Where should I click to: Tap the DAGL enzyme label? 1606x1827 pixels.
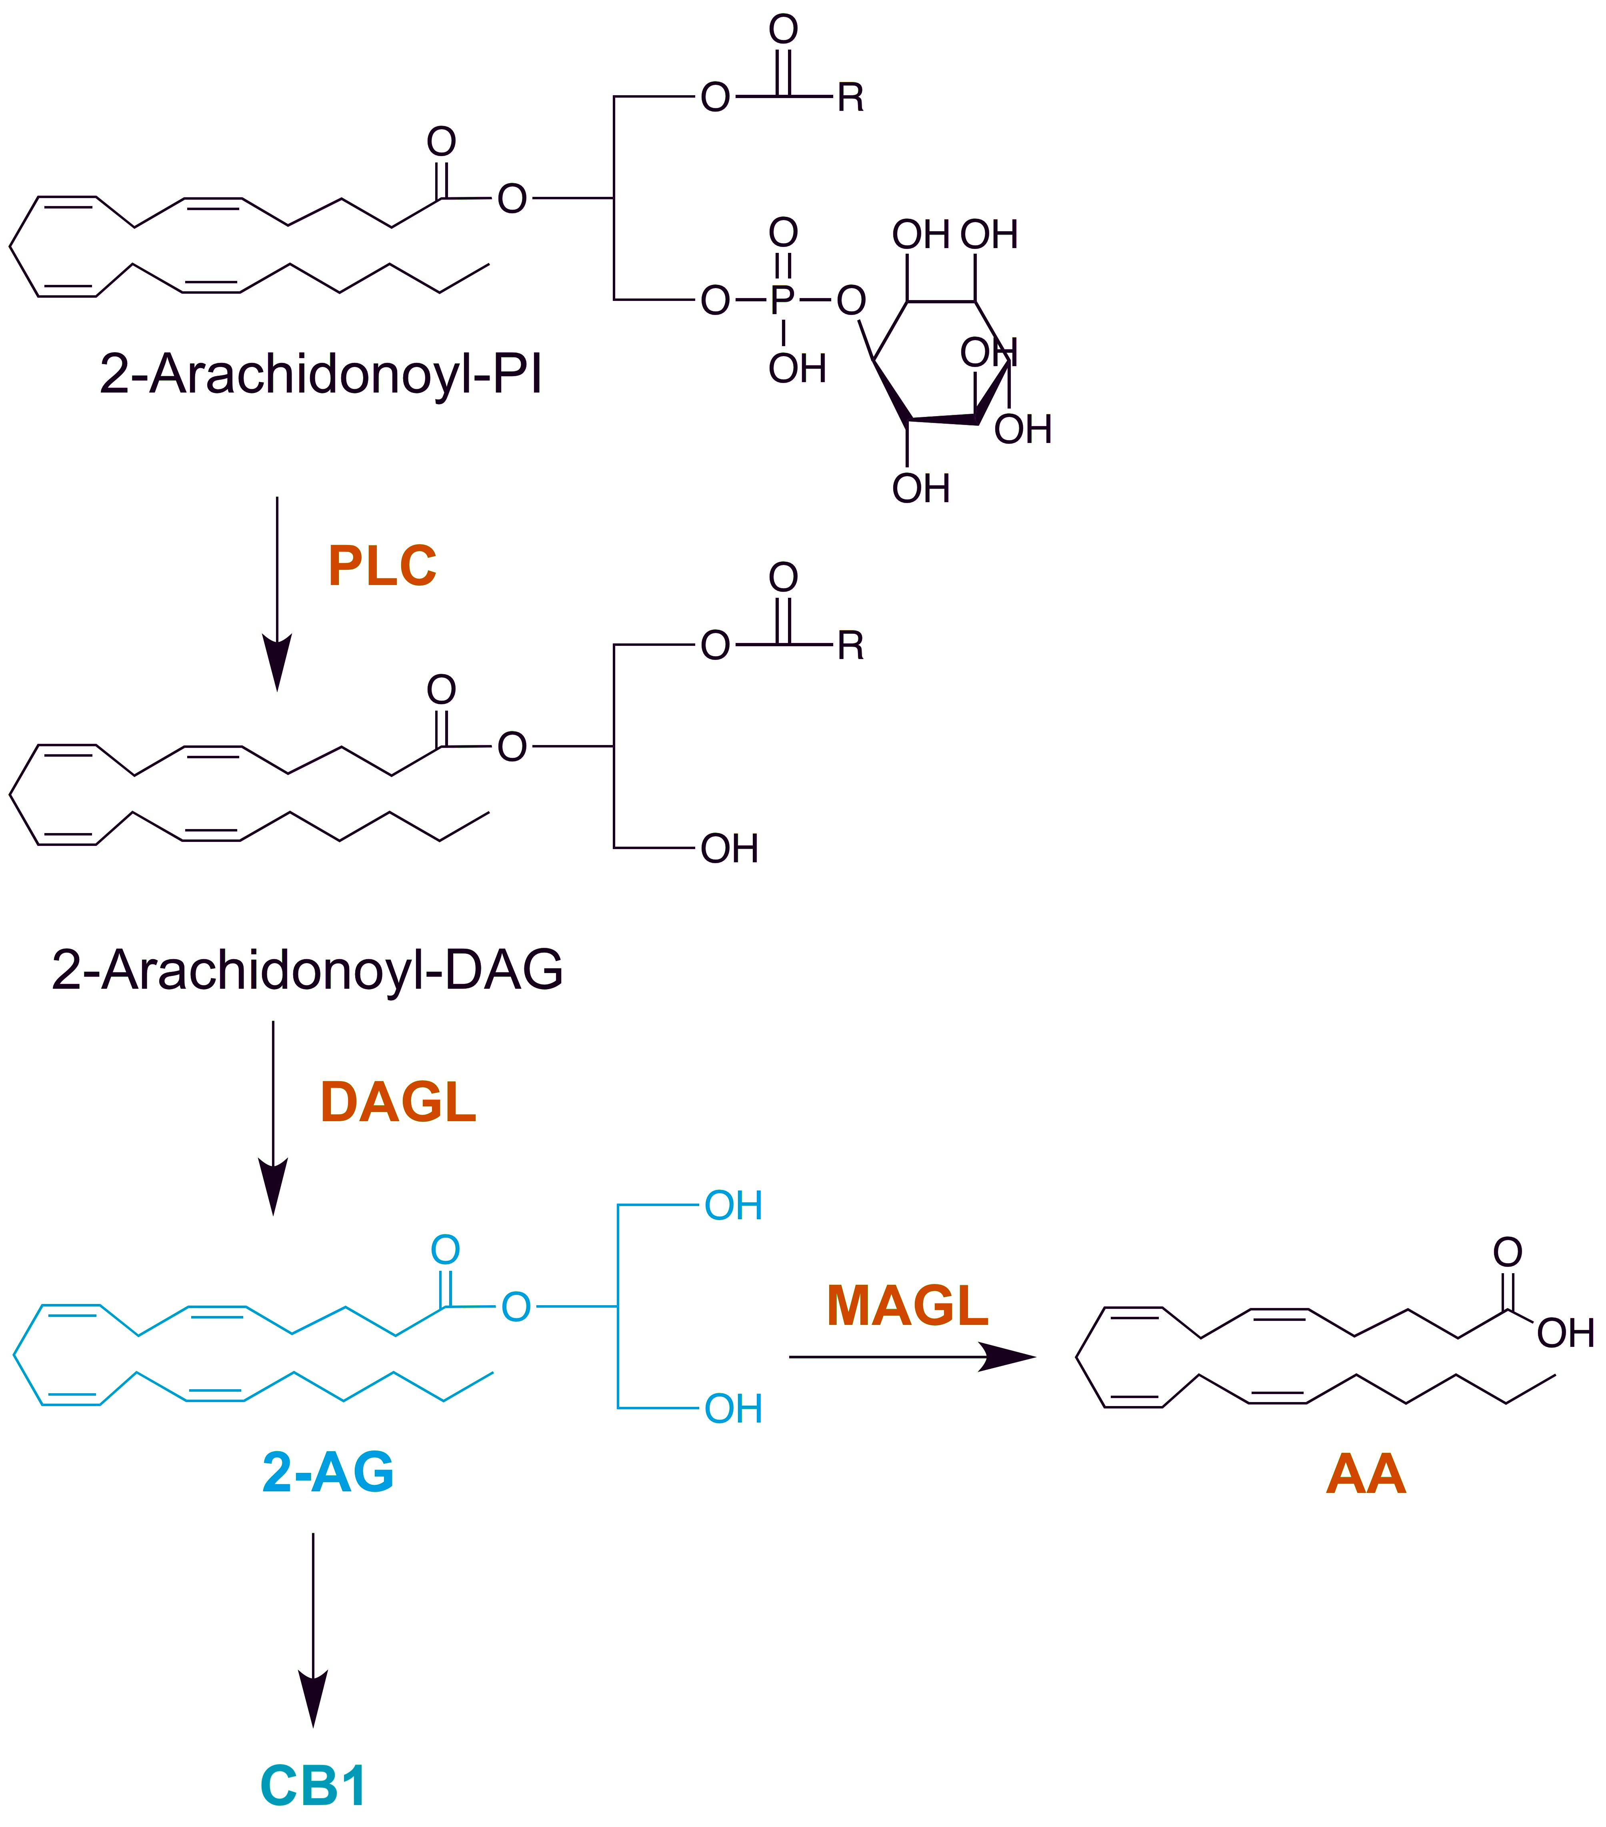pos(398,1102)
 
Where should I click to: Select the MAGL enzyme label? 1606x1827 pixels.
pos(907,1306)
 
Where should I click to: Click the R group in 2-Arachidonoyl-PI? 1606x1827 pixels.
pos(851,97)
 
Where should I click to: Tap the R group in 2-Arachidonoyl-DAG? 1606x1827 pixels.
pos(851,645)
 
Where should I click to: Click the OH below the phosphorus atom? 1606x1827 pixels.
pos(797,368)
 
